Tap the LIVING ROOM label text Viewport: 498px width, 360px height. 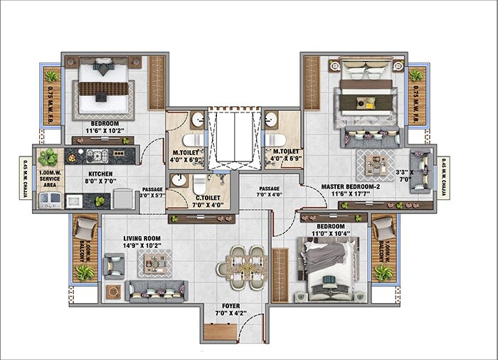[141, 239]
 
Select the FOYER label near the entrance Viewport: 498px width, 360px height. [228, 307]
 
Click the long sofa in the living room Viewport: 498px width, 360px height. [156, 290]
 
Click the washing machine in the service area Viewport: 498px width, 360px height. [50, 201]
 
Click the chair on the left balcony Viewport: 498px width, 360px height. [85, 228]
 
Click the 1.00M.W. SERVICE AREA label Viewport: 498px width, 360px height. [50, 179]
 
